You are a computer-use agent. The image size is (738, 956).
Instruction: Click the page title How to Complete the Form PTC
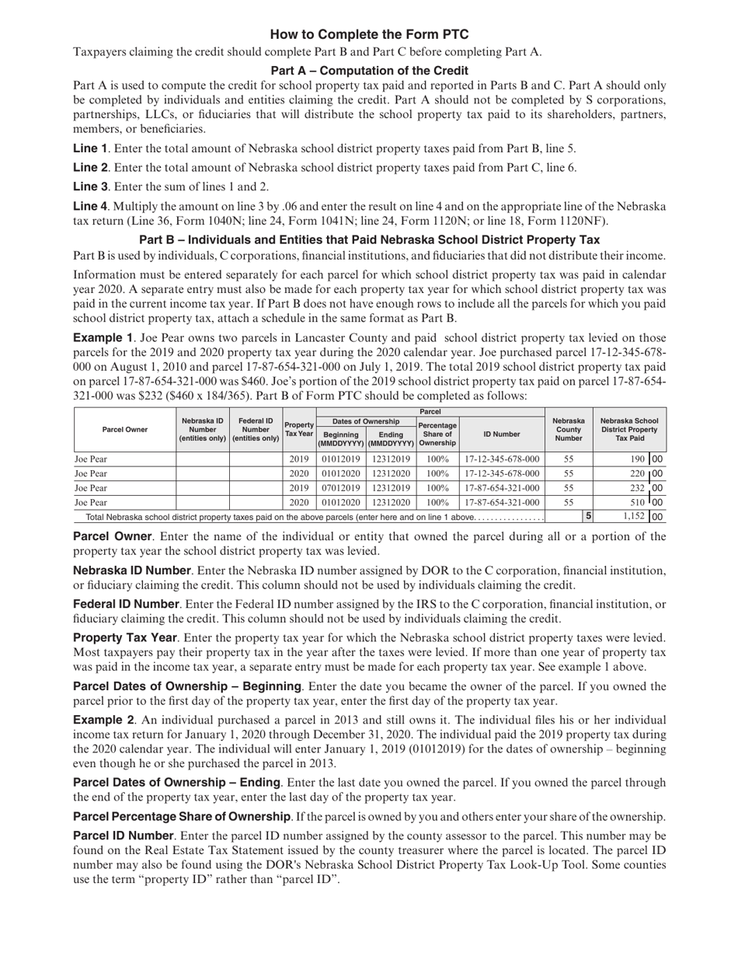pos(369,35)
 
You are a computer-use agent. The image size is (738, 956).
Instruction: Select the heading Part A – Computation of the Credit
pos(369,71)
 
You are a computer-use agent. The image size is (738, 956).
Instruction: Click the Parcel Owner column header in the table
pos(125,429)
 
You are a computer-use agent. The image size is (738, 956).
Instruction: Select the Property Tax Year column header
pos(299,429)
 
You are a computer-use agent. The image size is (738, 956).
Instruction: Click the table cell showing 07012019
pos(341,488)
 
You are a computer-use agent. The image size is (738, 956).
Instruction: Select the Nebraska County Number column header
pos(568,429)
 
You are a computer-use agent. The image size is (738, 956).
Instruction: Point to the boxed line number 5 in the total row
pos(588,516)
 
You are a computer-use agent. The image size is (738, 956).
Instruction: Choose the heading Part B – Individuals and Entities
pos(369,240)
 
